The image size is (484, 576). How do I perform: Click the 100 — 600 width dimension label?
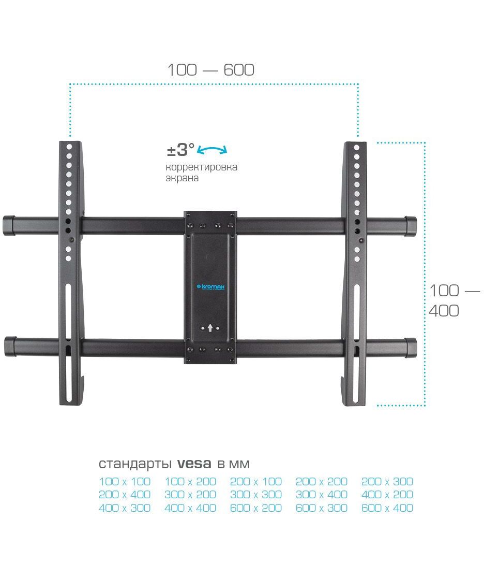211,70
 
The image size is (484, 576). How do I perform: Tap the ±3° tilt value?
180,150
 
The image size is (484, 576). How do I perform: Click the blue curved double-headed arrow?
213,150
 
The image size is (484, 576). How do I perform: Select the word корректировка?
201,167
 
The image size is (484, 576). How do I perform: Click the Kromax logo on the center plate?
210,286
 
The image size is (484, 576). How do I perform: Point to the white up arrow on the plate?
210,327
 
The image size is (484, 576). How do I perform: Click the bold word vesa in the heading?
194,464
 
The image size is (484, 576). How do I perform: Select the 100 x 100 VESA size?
125,481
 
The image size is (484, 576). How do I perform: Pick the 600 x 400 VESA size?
387,508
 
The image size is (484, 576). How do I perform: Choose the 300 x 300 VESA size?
256,495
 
